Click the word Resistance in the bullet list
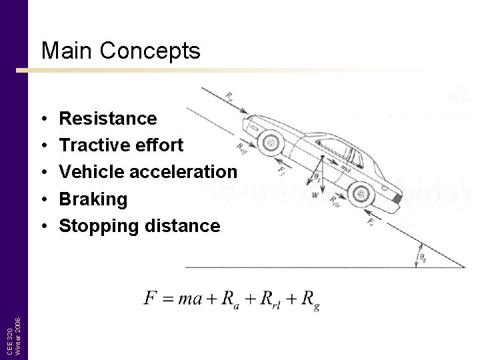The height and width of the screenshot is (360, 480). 108,119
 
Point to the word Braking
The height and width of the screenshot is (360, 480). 93,199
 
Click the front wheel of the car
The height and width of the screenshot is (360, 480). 270,142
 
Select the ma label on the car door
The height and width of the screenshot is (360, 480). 346,166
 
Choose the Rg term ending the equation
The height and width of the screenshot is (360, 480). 309,299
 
